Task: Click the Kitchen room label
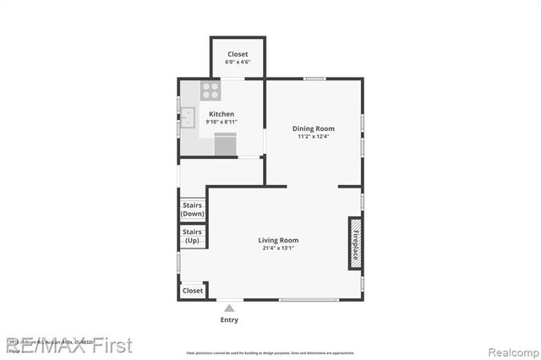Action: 221,114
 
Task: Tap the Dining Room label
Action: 313,128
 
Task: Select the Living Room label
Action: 278,241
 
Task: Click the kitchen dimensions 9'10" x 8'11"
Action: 221,123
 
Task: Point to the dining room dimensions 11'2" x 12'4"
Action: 313,137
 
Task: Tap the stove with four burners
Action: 210,90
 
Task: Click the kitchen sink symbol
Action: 187,117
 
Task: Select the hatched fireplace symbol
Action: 356,243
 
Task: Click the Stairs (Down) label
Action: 193,210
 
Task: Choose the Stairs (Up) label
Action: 193,236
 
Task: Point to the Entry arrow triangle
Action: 229,308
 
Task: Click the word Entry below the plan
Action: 229,320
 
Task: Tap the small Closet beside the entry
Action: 193,291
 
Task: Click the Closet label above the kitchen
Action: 238,54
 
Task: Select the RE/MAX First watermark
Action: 69,345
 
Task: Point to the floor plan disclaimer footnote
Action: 270,352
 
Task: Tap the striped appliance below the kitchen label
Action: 225,145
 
